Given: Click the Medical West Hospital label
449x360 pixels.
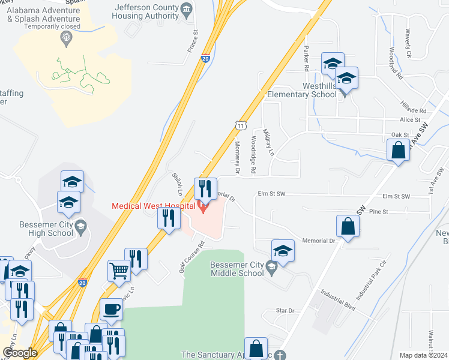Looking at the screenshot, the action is pos(153,206).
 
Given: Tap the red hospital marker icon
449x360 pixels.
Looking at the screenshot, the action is pos(202,208).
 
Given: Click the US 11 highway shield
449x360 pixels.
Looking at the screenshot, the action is pos(240,125).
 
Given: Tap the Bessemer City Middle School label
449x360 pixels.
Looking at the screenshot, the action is pos(237,269).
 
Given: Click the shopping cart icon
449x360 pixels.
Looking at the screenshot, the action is pos(119,271).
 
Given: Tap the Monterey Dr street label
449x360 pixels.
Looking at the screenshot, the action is pos(237,162).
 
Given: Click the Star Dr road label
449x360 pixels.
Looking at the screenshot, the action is pos(285,311).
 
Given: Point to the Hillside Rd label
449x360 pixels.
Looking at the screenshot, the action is pos(414,111).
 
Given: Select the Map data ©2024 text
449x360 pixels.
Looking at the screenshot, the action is pos(423,355).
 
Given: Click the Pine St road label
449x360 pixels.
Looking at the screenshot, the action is pos(379,211).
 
